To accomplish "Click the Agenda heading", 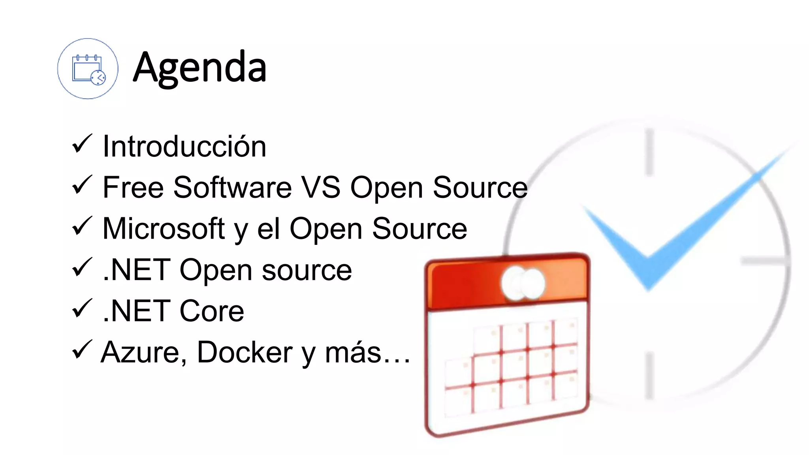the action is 199,68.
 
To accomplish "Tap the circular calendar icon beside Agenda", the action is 88,69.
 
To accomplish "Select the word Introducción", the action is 184,147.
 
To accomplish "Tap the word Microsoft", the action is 164,229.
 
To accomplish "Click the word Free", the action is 133,187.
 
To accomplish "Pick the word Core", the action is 212,311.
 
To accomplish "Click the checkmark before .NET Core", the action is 82,308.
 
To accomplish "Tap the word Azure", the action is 144,352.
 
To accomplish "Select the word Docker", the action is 245,352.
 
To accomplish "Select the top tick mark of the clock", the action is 649,152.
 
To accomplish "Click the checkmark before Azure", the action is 82,350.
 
